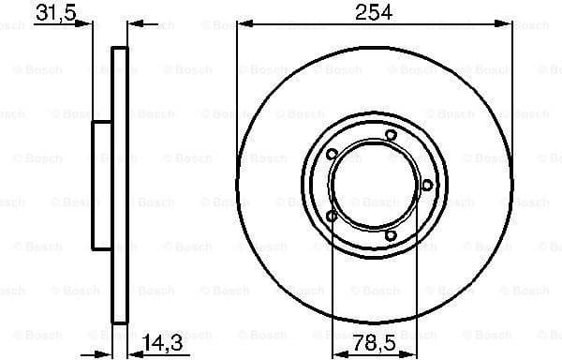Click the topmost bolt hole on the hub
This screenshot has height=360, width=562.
click(x=392, y=136)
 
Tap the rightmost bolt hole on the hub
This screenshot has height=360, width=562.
click(x=427, y=184)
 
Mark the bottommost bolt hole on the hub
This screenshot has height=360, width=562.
click(x=392, y=235)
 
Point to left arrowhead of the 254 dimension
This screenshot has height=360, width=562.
click(x=241, y=25)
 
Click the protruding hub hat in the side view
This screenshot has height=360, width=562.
click(x=101, y=186)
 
